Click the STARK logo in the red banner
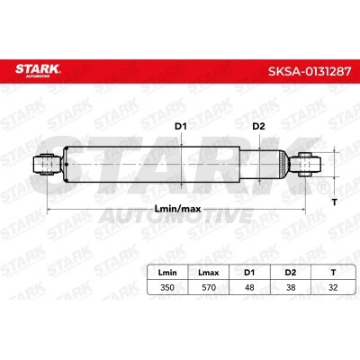pyautogui.click(x=38, y=70)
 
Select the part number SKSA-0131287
pyautogui.click(x=310, y=71)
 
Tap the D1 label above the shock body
pyautogui.click(x=181, y=127)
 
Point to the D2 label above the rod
pyautogui.click(x=258, y=127)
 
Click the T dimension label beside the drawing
pyautogui.click(x=334, y=202)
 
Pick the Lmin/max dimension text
pyautogui.click(x=177, y=209)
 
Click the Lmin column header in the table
pyautogui.click(x=167, y=273)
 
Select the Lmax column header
pyautogui.click(x=209, y=273)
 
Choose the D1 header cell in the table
pyautogui.click(x=249, y=273)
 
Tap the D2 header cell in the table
pyautogui.click(x=291, y=273)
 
